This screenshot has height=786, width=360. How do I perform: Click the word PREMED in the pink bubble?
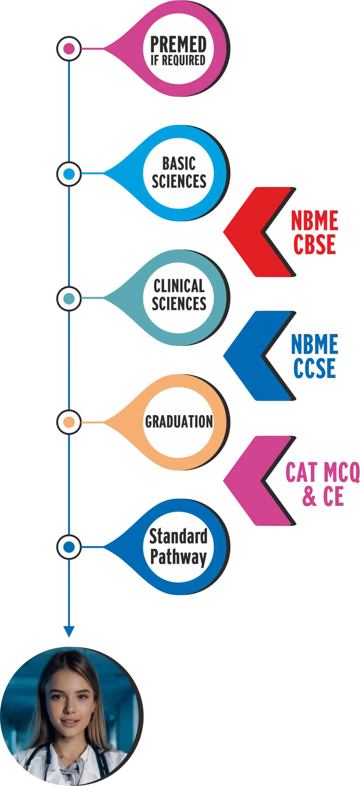point(178,44)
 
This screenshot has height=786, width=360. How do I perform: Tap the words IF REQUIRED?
point(178,60)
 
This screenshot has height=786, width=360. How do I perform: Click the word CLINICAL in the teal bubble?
point(179,286)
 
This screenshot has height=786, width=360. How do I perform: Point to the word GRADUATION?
point(179,421)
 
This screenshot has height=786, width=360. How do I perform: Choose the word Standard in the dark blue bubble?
point(178,536)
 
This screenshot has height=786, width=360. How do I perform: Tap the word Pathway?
point(178,556)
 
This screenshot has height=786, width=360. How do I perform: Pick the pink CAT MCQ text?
point(322,473)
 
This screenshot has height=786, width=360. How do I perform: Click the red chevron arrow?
point(246,232)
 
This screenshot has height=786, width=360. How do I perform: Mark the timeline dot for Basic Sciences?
point(69,174)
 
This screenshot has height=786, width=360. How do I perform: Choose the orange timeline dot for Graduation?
point(69,422)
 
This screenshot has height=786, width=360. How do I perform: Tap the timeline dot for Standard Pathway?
point(69,547)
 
